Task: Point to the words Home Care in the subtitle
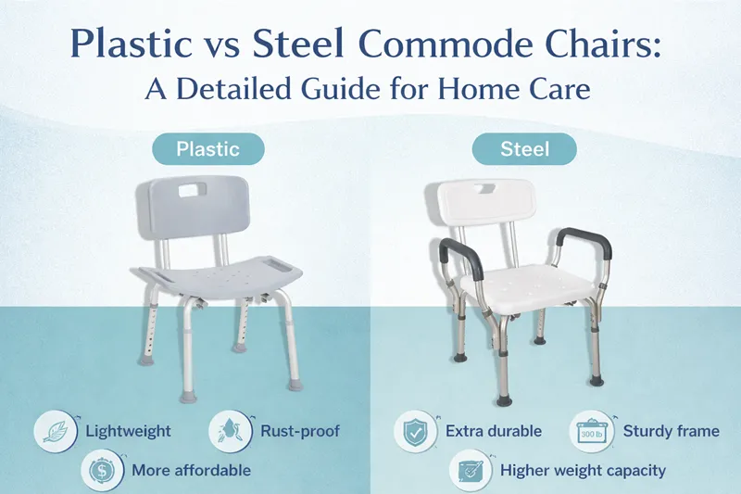(528, 94)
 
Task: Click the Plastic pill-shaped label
(208, 148)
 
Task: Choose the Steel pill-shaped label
(524, 148)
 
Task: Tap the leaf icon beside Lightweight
(54, 431)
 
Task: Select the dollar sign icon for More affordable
(101, 470)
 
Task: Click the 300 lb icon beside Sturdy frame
(590, 431)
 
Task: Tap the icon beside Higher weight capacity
(469, 470)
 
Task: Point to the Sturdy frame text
(672, 431)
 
